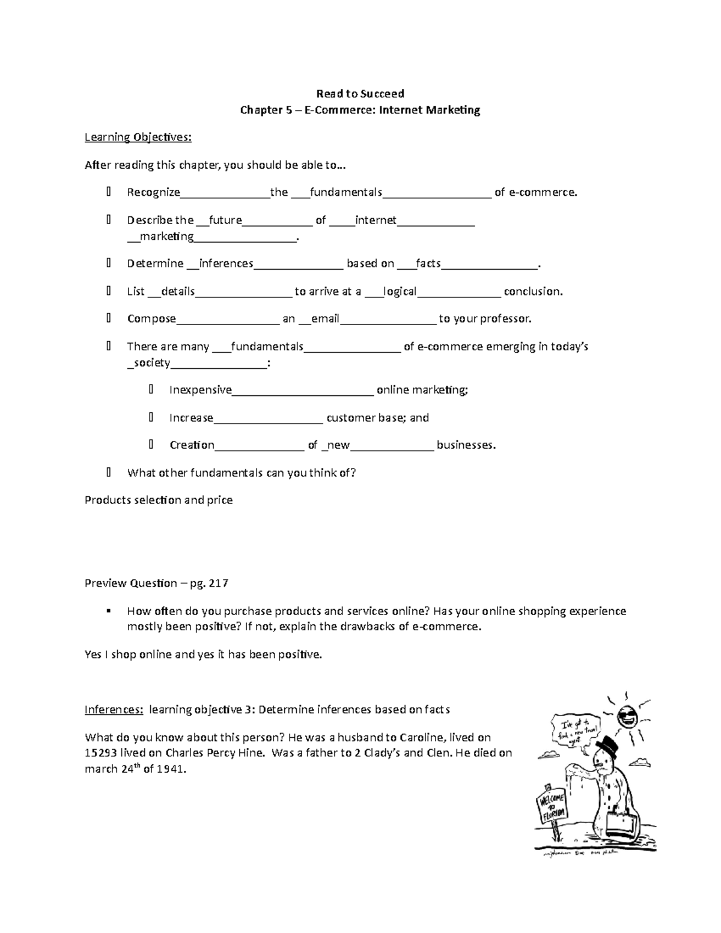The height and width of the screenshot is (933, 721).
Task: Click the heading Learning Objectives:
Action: [x=138, y=137]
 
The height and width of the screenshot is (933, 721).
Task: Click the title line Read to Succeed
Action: [x=360, y=93]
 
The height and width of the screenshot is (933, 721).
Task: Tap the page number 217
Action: [x=218, y=583]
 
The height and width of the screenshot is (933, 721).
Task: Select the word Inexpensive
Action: [x=200, y=390]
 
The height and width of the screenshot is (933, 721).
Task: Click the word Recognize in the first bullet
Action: [x=153, y=192]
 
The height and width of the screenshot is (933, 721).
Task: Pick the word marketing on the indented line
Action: [x=166, y=236]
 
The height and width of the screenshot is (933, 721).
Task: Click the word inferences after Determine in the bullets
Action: [x=226, y=263]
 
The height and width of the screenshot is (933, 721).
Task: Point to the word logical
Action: [x=400, y=291]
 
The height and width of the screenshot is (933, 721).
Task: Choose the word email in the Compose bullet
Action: [x=325, y=318]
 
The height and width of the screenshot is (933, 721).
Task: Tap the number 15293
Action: [x=100, y=753]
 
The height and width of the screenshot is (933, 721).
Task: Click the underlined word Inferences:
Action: [x=114, y=710]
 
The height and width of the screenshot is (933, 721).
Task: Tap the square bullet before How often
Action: [x=109, y=611]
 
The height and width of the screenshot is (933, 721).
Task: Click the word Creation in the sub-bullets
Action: [x=192, y=445]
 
